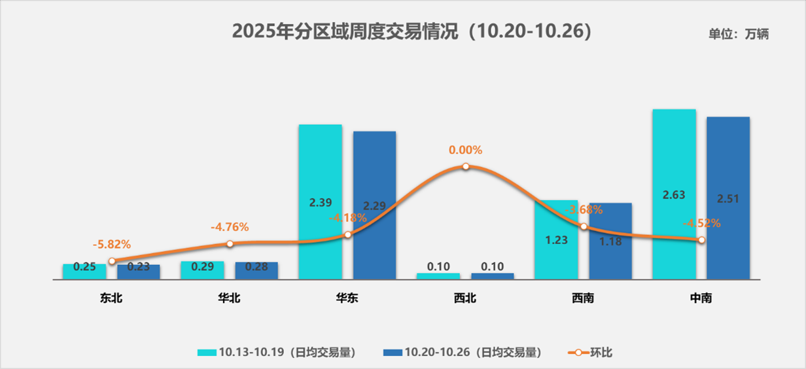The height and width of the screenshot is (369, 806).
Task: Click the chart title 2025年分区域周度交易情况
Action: [412, 32]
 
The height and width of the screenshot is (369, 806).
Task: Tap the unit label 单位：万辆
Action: [739, 35]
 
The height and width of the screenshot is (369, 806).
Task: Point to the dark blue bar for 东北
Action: [139, 272]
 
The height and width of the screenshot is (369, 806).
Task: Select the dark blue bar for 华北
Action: [256, 270]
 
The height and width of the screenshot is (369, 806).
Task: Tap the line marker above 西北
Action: [466, 166]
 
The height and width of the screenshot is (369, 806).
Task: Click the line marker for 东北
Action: [112, 260]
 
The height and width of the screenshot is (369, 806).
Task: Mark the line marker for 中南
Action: [702, 240]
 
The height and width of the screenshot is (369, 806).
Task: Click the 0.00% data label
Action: [466, 150]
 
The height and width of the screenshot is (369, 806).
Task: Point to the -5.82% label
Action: [112, 245]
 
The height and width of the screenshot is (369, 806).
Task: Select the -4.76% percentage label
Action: [230, 227]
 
